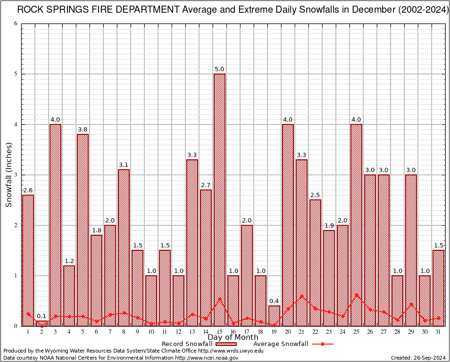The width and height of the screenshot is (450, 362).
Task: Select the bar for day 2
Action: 42,323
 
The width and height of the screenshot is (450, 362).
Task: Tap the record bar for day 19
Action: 274,315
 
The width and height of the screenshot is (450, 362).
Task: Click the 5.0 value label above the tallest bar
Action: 219,69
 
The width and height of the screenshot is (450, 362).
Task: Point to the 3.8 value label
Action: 83,130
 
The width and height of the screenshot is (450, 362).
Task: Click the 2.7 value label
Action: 206,185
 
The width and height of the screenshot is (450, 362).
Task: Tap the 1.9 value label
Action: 329,226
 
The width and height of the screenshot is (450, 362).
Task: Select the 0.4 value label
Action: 274,301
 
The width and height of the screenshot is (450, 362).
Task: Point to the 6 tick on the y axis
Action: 16,24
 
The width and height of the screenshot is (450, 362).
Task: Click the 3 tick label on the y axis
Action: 16,175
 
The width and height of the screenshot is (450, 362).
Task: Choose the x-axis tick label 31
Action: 438,332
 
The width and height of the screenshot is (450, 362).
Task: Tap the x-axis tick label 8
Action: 124,332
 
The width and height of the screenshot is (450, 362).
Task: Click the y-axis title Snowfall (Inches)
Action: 8,175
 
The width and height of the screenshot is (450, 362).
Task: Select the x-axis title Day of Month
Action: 233,337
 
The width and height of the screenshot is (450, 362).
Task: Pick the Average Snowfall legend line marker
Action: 323,344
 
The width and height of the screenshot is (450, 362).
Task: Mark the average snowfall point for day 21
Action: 301,296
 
